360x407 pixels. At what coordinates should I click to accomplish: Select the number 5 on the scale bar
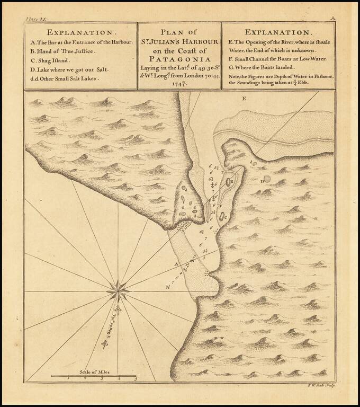point(136,379)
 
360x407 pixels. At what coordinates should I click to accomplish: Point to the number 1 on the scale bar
point(68,379)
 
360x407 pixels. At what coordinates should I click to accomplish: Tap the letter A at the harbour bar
point(176,263)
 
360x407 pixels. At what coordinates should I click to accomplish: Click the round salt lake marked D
point(267,179)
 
